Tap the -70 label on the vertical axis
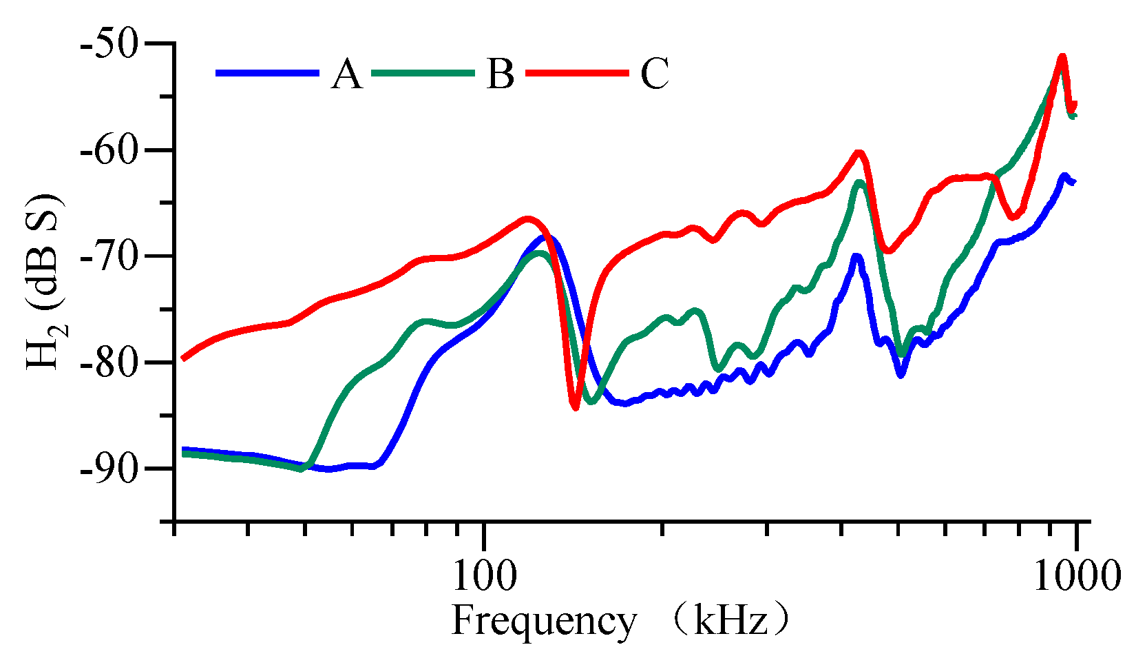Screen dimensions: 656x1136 coord(111,256)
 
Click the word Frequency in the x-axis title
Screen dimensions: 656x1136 coord(544,622)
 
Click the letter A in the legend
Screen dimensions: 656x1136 coord(346,74)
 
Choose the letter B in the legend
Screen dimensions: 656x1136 coord(500,74)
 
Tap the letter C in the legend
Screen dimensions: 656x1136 coord(654,74)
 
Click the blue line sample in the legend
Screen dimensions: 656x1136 coord(268,73)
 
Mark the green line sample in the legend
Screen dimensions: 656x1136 coord(423,73)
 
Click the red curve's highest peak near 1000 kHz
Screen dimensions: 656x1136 coord(1062,57)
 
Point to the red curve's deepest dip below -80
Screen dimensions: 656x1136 coord(575,408)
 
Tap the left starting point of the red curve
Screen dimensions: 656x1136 coord(182,358)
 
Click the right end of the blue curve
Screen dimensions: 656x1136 coord(1074,182)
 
